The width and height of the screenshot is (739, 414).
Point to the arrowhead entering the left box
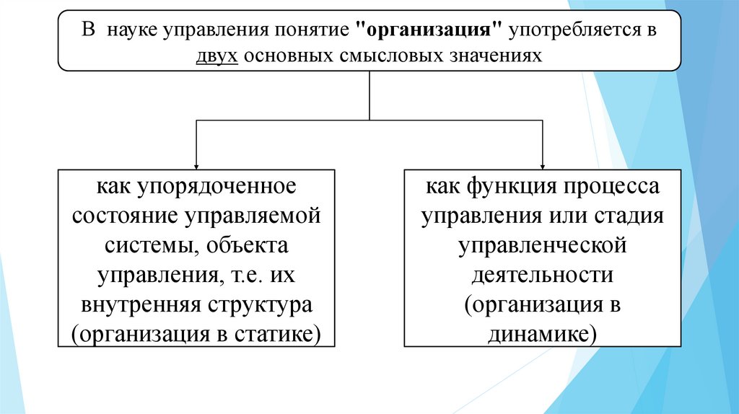pos(196,164)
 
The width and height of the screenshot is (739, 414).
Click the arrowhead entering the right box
pos(542,164)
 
